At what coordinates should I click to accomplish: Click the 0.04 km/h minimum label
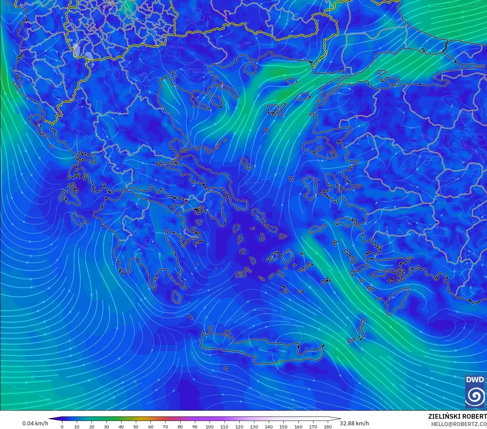(35, 423)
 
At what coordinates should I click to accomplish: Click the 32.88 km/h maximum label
(354, 423)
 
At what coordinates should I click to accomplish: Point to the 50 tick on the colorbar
(136, 426)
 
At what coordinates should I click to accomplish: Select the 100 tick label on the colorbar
(210, 426)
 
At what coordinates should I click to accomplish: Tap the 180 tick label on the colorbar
(328, 426)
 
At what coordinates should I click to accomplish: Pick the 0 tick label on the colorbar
(62, 426)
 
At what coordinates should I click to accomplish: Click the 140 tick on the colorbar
(269, 426)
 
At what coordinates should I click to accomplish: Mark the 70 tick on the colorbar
(165, 426)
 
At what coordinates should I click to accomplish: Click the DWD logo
(475, 392)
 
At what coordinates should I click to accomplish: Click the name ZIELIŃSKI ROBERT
(457, 416)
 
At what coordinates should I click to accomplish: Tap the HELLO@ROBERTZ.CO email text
(459, 424)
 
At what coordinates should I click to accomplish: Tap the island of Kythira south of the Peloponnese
(177, 297)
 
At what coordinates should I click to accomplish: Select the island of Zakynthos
(80, 219)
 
